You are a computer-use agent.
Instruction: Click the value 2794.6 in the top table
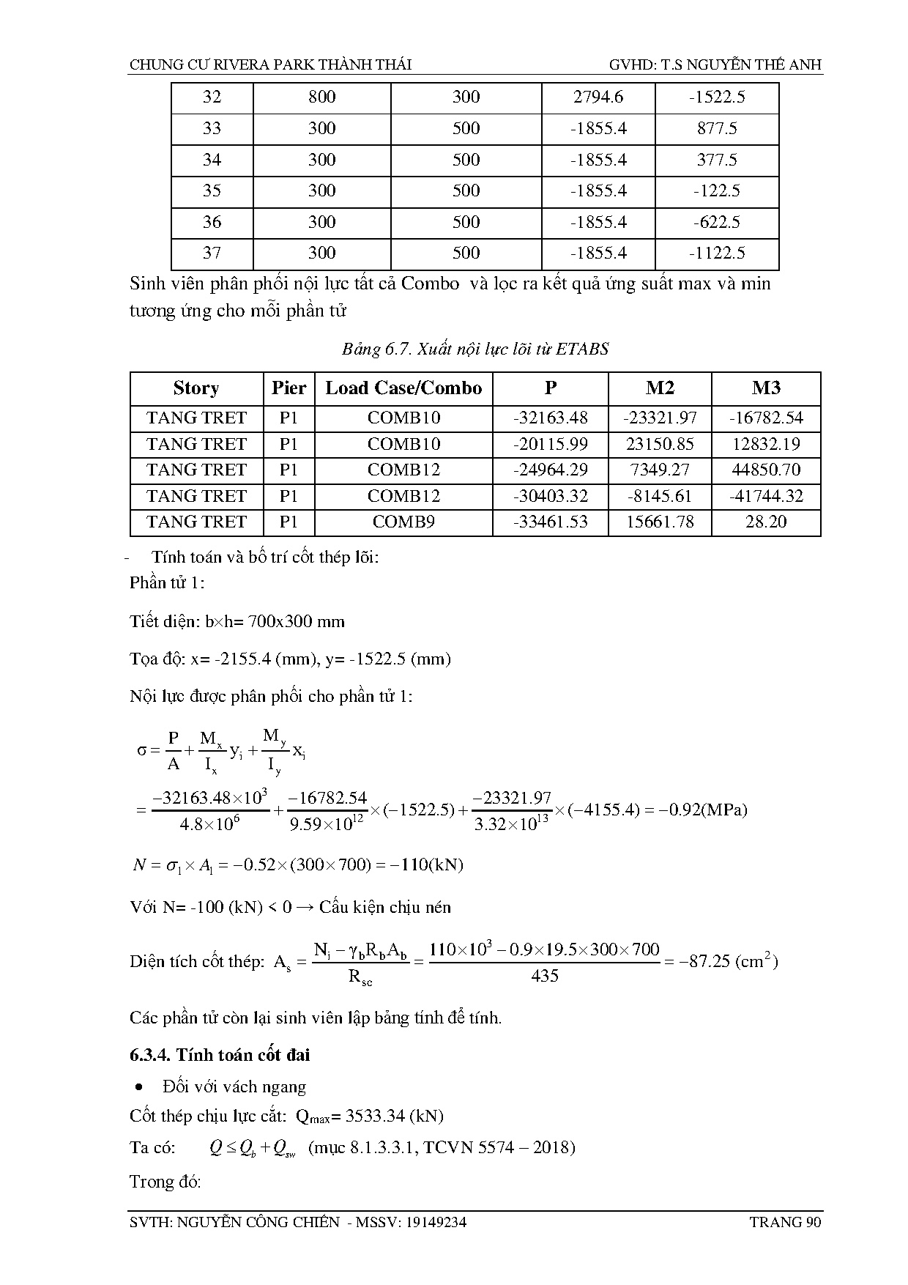tap(598, 97)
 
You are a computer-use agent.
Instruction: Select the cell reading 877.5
tap(717, 129)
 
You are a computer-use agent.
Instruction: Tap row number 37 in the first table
tap(212, 253)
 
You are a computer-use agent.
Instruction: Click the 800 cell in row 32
tap(321, 97)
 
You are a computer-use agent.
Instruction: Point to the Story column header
tap(196, 388)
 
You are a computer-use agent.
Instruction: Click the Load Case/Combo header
tap(403, 388)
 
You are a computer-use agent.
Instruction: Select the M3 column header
tap(766, 388)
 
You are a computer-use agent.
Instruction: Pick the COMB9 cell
tap(403, 522)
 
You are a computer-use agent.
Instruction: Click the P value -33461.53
tap(551, 522)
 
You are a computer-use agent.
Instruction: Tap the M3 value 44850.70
tap(766, 470)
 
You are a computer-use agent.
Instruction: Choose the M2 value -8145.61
tap(660, 496)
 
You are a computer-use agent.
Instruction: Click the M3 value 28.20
tap(766, 522)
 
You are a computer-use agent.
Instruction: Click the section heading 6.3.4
tap(220, 1055)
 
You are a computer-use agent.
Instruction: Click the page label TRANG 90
tap(786, 1222)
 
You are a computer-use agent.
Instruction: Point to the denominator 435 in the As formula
tap(544, 976)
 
